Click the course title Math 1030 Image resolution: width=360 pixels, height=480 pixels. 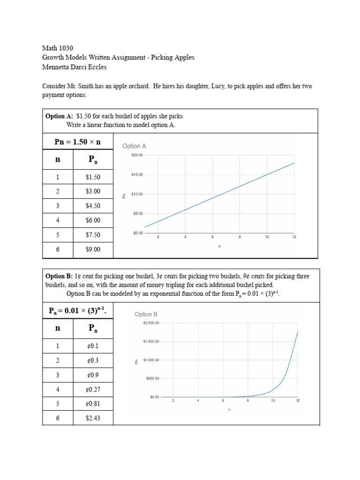[x=58, y=48]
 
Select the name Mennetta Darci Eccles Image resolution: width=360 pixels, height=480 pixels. [x=75, y=67]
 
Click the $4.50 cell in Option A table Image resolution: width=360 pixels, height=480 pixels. [x=93, y=206]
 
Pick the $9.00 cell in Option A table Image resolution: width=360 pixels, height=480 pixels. [x=93, y=249]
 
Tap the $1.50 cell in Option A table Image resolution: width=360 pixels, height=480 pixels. [x=93, y=177]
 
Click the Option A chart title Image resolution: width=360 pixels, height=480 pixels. [x=134, y=146]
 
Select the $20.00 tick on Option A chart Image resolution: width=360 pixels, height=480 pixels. [x=137, y=155]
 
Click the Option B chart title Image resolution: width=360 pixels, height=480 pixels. [x=146, y=315]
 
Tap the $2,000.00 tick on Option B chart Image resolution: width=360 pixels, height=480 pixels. [x=151, y=323]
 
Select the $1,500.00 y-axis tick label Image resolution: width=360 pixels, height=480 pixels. [x=151, y=342]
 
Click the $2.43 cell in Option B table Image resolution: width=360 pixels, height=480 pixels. [x=93, y=418]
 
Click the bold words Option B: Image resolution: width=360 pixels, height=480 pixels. [x=59, y=277]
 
